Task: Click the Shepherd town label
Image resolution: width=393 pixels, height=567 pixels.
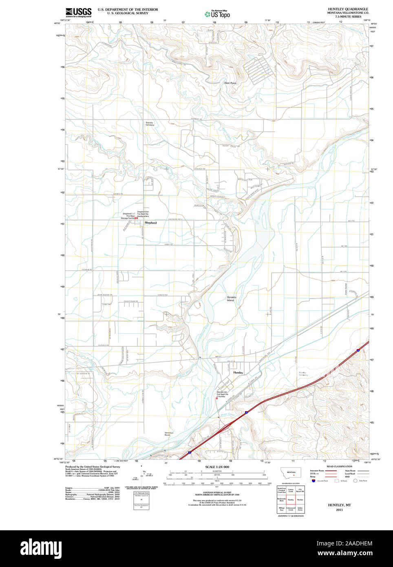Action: (150, 223)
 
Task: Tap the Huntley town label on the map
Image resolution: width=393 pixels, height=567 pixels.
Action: (238, 373)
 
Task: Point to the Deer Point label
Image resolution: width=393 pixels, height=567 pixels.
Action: (230, 83)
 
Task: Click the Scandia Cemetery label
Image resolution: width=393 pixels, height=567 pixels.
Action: (150, 124)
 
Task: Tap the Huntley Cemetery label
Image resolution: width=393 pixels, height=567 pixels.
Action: (303, 374)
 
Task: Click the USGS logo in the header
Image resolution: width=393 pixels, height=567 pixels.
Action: (78, 12)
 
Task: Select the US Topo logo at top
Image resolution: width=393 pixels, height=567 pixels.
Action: (218, 13)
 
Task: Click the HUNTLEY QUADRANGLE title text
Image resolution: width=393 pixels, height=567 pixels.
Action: (348, 9)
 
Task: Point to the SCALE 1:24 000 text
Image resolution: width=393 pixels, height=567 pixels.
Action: (217, 467)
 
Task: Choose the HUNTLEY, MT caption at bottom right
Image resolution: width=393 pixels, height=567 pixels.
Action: (339, 505)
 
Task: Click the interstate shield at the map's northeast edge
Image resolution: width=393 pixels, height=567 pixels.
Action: (358, 350)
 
